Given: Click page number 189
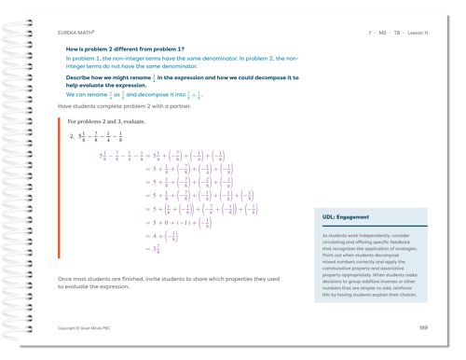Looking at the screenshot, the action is click(423, 328).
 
